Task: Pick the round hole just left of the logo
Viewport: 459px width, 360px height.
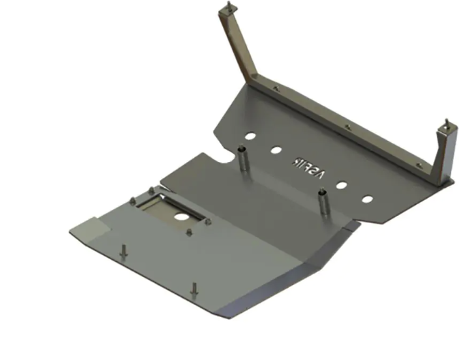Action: pos(275,151)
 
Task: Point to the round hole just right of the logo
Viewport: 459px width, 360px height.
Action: pos(342,185)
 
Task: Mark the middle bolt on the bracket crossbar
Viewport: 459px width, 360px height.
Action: pos(347,126)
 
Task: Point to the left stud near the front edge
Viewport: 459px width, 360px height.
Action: pos(124,252)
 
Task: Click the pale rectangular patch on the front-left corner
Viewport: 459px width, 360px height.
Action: pos(90,231)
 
